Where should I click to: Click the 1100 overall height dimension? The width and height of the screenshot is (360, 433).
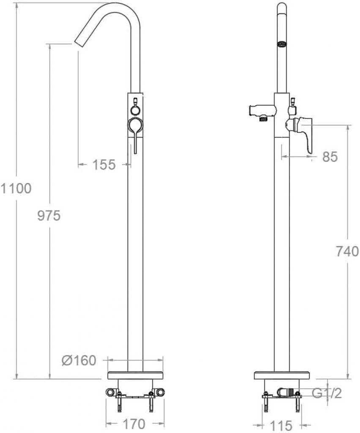click(16, 188)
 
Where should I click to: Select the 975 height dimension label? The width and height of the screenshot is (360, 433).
click(49, 216)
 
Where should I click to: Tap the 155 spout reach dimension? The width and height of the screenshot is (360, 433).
click(104, 164)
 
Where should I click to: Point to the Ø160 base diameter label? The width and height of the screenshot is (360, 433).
click(79, 361)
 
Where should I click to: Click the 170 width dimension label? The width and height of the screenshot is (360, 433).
click(134, 423)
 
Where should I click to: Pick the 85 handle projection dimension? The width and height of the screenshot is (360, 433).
click(330, 157)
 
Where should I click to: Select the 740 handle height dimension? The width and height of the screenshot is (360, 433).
click(347, 251)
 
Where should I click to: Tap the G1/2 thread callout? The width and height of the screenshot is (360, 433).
click(327, 393)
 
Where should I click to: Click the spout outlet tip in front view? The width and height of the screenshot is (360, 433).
click(79, 43)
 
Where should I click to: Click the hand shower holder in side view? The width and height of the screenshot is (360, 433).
click(260, 112)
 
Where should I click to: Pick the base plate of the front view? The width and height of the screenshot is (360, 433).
click(136, 375)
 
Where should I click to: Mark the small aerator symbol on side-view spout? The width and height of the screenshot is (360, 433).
click(282, 44)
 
